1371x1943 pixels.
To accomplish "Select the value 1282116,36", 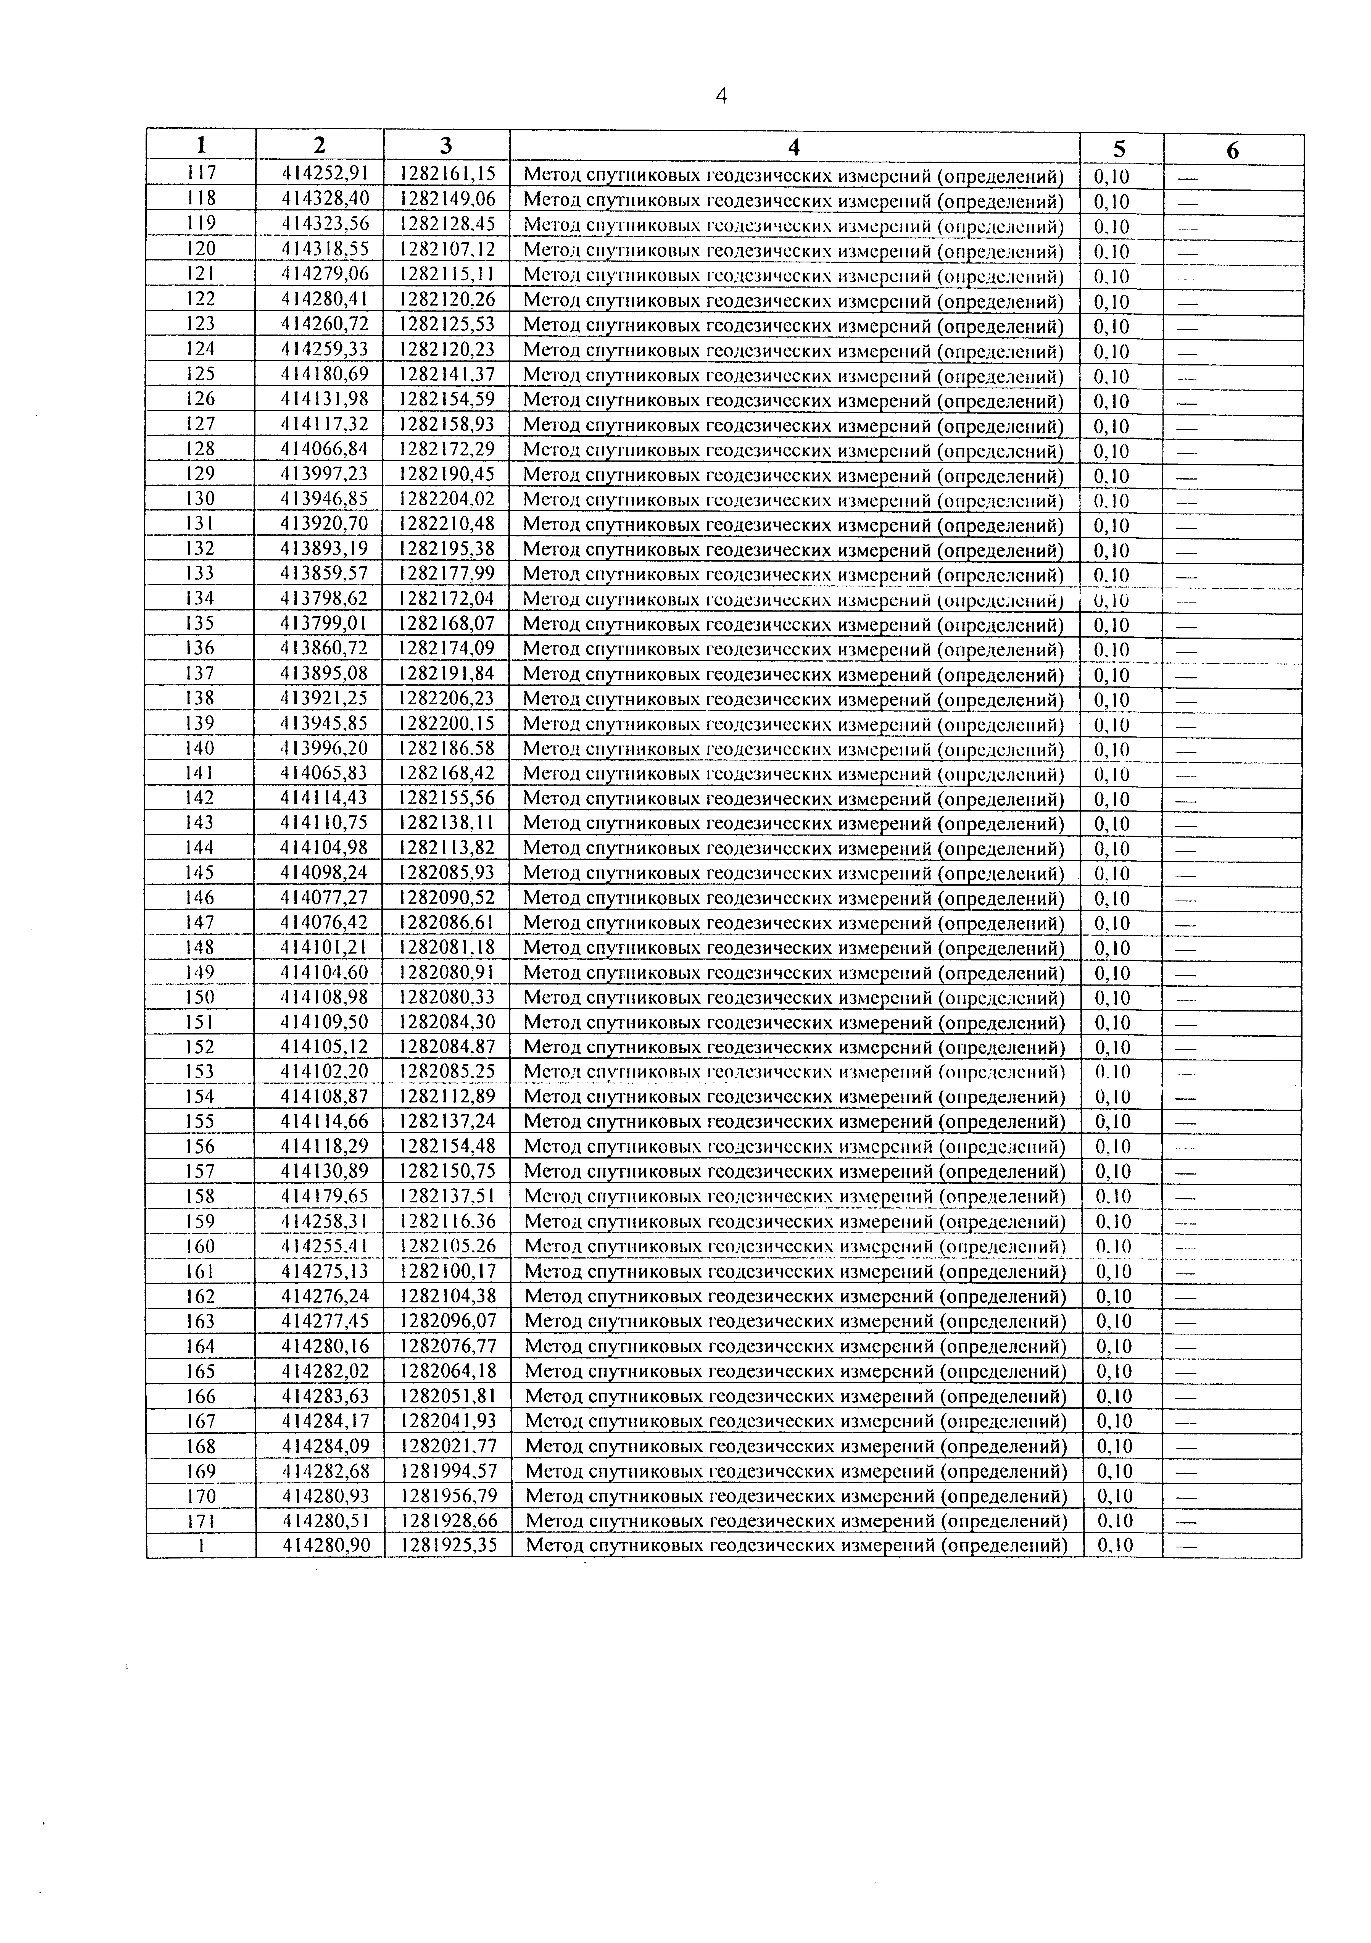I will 448,1221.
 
